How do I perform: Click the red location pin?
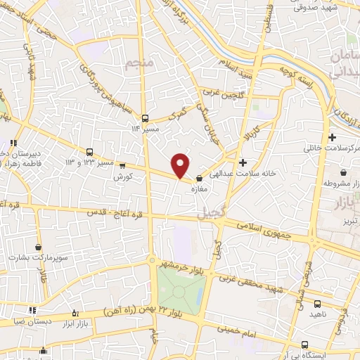[x=181, y=165]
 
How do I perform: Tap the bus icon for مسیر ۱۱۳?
[x=144, y=117]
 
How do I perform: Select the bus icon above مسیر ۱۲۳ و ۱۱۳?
[x=89, y=152]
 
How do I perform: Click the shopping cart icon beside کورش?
[x=123, y=167]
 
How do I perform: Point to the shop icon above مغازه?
[x=199, y=178]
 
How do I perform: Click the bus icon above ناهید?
[x=317, y=304]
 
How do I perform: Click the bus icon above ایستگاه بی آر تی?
[x=304, y=344]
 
